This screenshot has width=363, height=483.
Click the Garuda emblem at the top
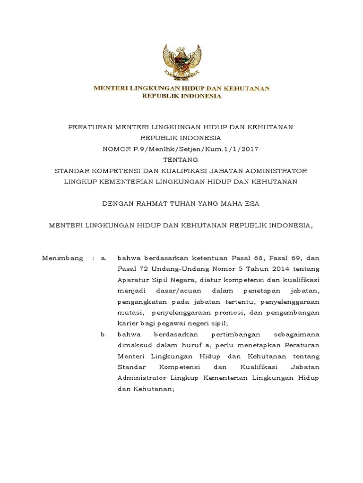(181, 62)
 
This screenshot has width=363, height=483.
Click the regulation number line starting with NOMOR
(181, 149)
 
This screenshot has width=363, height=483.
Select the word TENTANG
(181, 159)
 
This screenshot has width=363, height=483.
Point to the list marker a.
(104, 258)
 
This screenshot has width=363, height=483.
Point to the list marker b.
(104, 334)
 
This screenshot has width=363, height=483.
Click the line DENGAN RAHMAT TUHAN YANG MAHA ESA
(181, 203)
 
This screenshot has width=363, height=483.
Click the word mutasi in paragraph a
(129, 312)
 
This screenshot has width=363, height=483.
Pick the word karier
(127, 323)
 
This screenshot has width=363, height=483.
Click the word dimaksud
(134, 345)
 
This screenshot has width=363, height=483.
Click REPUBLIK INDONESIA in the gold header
(181, 96)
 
